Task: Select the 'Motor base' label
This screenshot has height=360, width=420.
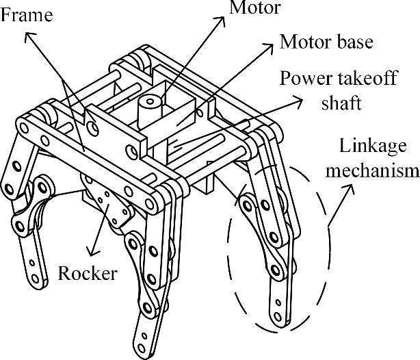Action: (x=326, y=42)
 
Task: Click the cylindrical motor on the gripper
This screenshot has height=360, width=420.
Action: (x=148, y=110)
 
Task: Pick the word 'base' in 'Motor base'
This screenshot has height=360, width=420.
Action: (x=355, y=42)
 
